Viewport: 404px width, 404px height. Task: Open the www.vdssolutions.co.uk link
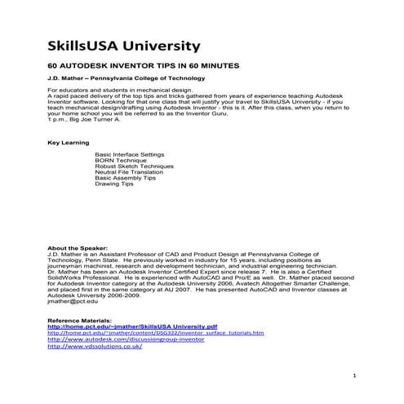95,347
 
